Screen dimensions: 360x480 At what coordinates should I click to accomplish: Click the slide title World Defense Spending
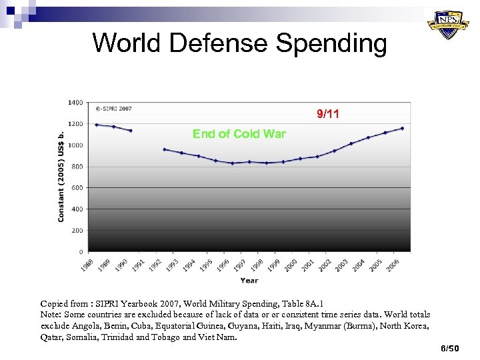pos(239,43)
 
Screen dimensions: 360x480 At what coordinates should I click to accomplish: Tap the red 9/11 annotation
pos(327,114)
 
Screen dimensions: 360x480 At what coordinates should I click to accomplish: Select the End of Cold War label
pos(239,133)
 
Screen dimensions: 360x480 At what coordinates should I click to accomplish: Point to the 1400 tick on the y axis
pos(75,103)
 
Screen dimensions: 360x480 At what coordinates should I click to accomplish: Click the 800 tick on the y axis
pos(77,167)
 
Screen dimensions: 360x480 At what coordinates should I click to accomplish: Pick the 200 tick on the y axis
pos(77,231)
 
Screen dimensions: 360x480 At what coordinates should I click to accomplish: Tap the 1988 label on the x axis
pos(87,265)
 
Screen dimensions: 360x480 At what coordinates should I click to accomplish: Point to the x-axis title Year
pos(249,280)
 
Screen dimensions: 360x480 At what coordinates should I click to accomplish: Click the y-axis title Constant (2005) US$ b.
pos(61,176)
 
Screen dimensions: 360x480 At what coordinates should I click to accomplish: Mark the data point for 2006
pos(402,128)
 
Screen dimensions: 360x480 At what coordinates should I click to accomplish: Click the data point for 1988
pos(97,125)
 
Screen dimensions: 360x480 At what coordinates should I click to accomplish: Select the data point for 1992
pos(165,149)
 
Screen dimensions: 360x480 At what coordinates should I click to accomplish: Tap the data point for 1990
pos(131,131)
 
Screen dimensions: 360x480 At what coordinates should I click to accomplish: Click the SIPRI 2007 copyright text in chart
pos(113,108)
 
